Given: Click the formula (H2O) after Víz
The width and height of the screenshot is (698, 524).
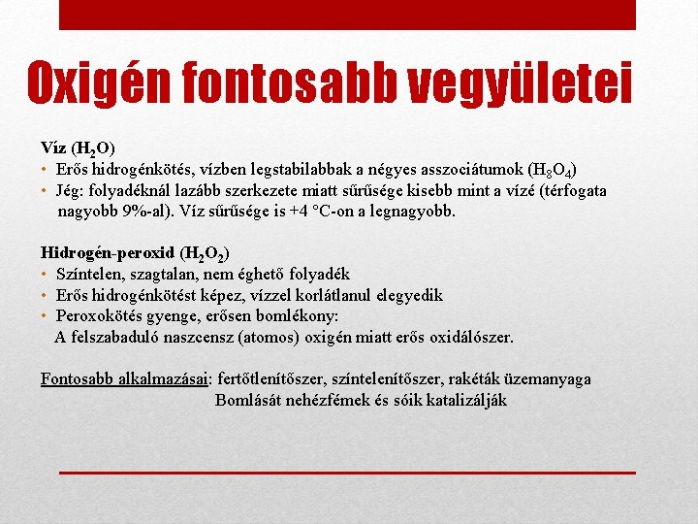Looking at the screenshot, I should (93, 148).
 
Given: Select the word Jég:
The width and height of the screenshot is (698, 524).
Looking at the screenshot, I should (74, 190).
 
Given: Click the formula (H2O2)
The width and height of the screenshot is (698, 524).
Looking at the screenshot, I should (205, 255).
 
